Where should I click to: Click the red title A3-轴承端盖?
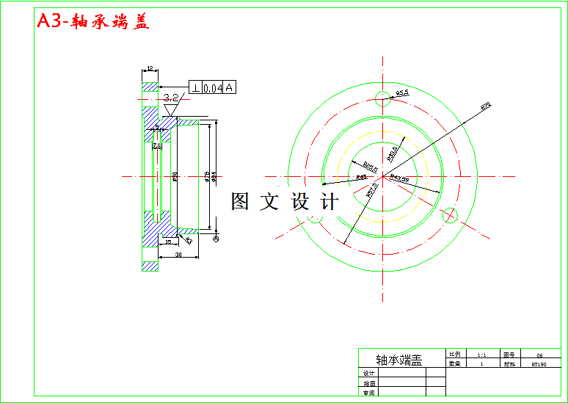(x=93, y=22)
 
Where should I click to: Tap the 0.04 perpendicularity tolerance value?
(x=212, y=88)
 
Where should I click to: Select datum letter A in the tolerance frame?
(x=229, y=88)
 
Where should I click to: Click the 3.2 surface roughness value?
(x=171, y=97)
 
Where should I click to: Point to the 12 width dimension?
(x=150, y=68)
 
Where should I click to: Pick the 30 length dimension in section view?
(x=178, y=255)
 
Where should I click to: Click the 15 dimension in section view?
(x=167, y=241)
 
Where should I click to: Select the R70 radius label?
(x=485, y=106)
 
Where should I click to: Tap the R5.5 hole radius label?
(x=402, y=93)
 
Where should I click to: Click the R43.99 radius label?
(x=399, y=178)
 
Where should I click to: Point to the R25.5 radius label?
(x=371, y=168)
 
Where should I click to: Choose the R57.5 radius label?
(x=373, y=190)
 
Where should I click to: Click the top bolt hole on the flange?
(x=382, y=99)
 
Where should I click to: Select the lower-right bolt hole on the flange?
(x=451, y=215)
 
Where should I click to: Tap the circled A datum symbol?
(x=216, y=239)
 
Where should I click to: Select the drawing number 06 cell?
(x=539, y=354)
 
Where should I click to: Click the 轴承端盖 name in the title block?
(x=399, y=360)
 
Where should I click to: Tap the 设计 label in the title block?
(x=369, y=373)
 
